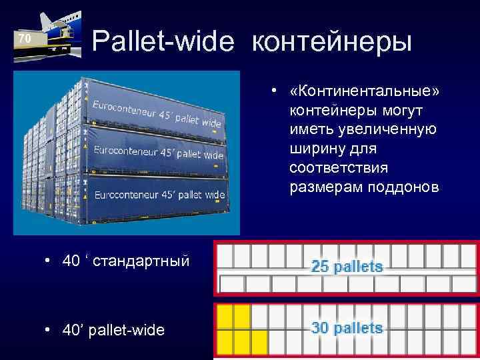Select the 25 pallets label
pos(347,267)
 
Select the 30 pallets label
pos(347,328)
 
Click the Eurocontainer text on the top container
pos(156,114)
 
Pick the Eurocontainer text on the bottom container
pos(159,195)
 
